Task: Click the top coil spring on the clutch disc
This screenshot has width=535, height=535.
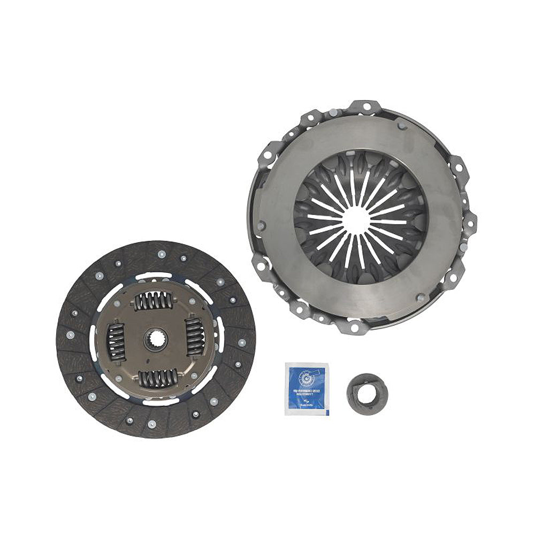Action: tap(154, 302)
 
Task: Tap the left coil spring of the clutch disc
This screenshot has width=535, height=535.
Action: tap(117, 342)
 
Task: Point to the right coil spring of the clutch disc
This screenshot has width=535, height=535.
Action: tap(194, 337)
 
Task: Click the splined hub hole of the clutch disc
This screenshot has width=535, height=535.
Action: tap(156, 339)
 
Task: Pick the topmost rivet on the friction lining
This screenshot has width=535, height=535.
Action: tap(161, 254)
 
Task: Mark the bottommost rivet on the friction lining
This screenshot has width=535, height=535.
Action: tap(151, 424)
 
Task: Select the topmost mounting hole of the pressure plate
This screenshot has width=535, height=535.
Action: tap(366, 106)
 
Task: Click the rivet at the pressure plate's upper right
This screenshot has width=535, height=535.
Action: tap(401, 126)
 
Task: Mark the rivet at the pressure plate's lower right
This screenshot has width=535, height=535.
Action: tap(421, 296)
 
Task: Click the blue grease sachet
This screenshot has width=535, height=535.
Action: tap(307, 389)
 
